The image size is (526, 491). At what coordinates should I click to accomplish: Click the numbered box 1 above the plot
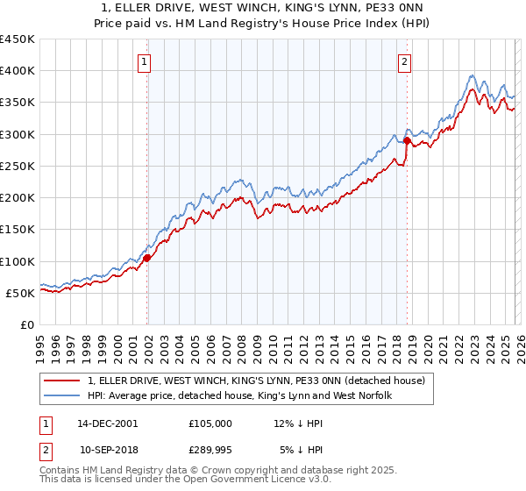tap(145, 61)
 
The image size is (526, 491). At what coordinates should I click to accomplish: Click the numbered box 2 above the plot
tap(404, 61)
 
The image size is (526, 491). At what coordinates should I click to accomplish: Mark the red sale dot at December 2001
tap(147, 258)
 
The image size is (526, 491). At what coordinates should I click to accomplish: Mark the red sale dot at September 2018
tap(407, 140)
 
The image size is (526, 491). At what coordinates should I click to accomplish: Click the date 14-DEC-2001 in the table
tap(108, 423)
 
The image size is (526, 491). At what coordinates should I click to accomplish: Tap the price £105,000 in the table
tap(210, 423)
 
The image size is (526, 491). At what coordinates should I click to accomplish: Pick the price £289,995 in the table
tap(210, 449)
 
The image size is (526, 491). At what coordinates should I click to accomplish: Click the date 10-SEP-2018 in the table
tap(108, 449)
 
